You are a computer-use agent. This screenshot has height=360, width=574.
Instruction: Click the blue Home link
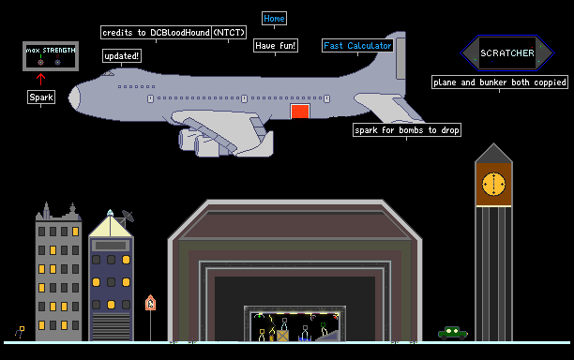[x=274, y=19]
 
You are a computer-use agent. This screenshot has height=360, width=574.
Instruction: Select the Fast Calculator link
[x=357, y=46]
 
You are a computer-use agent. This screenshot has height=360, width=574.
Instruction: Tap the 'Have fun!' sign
[x=276, y=46]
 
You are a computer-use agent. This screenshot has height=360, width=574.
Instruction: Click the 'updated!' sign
[x=122, y=56]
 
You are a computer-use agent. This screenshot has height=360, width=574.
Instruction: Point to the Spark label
[x=41, y=97]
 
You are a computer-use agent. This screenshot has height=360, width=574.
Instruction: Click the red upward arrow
[x=40, y=80]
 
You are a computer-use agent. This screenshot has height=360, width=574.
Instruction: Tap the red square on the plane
[x=300, y=112]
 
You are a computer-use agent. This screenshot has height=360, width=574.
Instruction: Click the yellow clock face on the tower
[x=494, y=184]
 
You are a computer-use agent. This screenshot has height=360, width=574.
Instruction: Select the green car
[x=453, y=333]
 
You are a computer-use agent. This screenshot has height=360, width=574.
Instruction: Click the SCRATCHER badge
[x=507, y=53]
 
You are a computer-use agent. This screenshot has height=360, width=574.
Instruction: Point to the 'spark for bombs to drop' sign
[x=407, y=130]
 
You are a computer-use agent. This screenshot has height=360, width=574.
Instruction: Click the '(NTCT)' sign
[x=229, y=33]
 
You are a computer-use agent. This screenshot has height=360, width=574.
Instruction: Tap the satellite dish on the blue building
[x=128, y=216]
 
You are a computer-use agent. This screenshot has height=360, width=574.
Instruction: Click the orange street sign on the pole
[x=150, y=303]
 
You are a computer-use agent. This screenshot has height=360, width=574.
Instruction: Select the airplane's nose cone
[x=75, y=98]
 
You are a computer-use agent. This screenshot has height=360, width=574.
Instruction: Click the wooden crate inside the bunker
[x=282, y=336]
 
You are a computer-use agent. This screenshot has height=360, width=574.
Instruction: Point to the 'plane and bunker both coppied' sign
[x=500, y=82]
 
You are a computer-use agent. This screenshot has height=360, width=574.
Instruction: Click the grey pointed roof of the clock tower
[x=494, y=154]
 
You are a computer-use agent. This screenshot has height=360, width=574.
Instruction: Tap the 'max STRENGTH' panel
[x=51, y=56]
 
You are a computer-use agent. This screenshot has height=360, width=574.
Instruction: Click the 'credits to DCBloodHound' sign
[x=157, y=33]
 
